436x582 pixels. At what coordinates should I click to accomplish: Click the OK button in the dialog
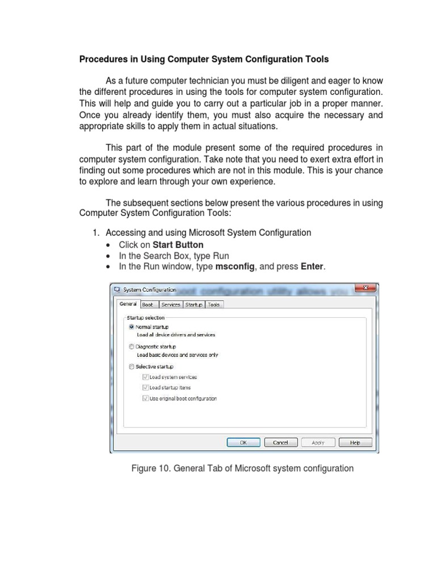pos(243,442)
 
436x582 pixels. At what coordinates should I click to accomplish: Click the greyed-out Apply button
pos(318,442)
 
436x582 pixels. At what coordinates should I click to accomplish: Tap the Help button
pos(355,442)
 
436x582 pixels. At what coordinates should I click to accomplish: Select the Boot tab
pos(148,305)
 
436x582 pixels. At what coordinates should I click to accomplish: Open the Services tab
pos(170,305)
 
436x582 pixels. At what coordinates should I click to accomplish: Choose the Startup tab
pos(194,305)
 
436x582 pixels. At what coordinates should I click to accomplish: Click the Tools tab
pos(213,305)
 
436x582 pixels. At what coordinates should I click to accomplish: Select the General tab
pos(128,304)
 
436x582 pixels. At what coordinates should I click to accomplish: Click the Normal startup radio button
pos(132,327)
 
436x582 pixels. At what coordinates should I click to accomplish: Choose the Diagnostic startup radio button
pos(132,347)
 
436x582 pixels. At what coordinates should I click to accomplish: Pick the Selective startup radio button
pos(132,367)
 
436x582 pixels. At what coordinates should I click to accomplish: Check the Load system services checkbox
pos(146,377)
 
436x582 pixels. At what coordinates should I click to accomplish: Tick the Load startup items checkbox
pos(146,388)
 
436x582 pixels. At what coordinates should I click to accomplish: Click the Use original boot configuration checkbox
pos(146,398)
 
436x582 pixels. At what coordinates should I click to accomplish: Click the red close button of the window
pos(365,288)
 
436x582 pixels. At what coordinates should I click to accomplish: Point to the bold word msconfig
pos(236,267)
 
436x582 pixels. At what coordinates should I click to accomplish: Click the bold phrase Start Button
pos(178,245)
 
